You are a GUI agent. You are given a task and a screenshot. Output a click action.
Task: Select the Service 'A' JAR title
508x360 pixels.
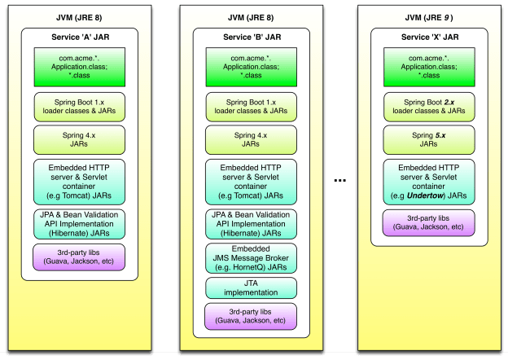point(79,37)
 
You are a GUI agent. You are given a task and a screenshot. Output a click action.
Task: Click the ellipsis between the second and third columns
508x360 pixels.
point(342,181)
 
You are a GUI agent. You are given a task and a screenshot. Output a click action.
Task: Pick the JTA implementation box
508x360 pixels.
point(251,288)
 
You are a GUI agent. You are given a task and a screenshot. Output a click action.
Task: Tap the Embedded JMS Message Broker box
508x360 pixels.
point(251,258)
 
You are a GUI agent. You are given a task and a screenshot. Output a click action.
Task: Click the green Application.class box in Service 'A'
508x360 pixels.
point(79,68)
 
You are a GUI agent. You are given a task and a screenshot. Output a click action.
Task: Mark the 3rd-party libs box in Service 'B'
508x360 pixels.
point(251,316)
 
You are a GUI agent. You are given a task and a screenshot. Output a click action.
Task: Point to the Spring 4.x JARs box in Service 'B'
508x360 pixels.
point(251,138)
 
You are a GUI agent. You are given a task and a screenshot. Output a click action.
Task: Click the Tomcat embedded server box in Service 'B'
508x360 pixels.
point(251,182)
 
